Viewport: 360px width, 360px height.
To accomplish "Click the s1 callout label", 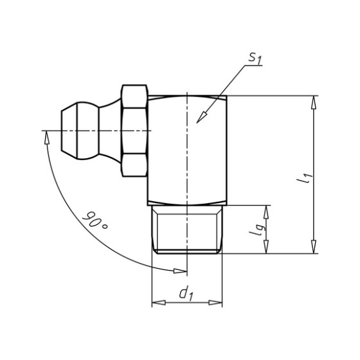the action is (x=255, y=58).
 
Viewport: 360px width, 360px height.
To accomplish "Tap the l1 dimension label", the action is (x=305, y=177).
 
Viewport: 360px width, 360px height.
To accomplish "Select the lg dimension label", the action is (x=258, y=230).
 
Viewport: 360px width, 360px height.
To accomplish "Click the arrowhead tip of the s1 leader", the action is (x=197, y=123).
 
